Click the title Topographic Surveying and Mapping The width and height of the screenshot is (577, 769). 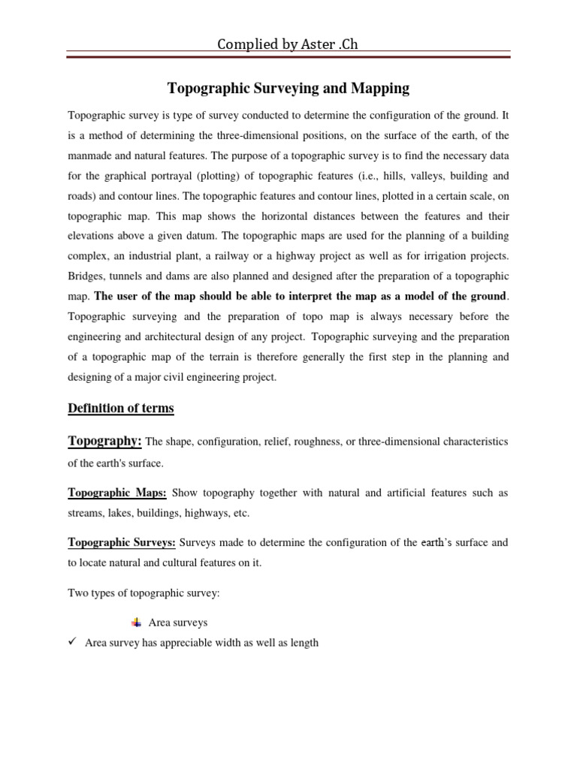[x=288, y=89]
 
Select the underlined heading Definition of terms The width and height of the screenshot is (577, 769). [x=120, y=409]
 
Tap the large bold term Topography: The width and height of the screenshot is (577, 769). [x=104, y=442]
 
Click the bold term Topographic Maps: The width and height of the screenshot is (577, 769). [x=117, y=493]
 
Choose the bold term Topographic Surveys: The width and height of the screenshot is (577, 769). [x=122, y=542]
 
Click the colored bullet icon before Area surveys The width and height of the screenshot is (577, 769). [x=136, y=623]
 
